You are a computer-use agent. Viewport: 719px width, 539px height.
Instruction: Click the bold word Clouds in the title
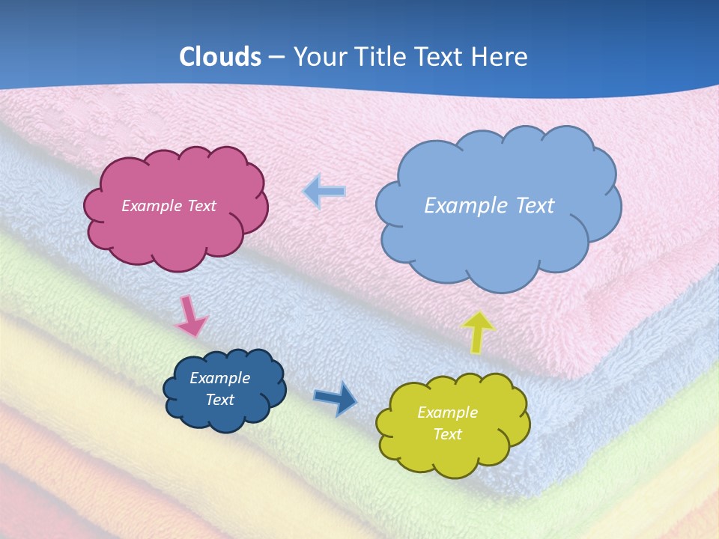coord(219,57)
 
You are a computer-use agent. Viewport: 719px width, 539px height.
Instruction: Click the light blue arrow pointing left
coord(324,192)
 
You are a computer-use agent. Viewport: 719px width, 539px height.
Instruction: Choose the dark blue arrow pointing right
coord(336,398)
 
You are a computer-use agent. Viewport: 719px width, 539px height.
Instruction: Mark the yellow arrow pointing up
coord(478,332)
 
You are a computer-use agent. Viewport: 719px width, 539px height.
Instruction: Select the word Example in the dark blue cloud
coord(219,378)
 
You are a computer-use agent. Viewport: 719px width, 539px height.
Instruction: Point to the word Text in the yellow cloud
coord(447,434)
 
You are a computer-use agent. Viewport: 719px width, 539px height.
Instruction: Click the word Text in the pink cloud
coord(201,206)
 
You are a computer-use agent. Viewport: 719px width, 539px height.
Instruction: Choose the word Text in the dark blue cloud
coord(219,400)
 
